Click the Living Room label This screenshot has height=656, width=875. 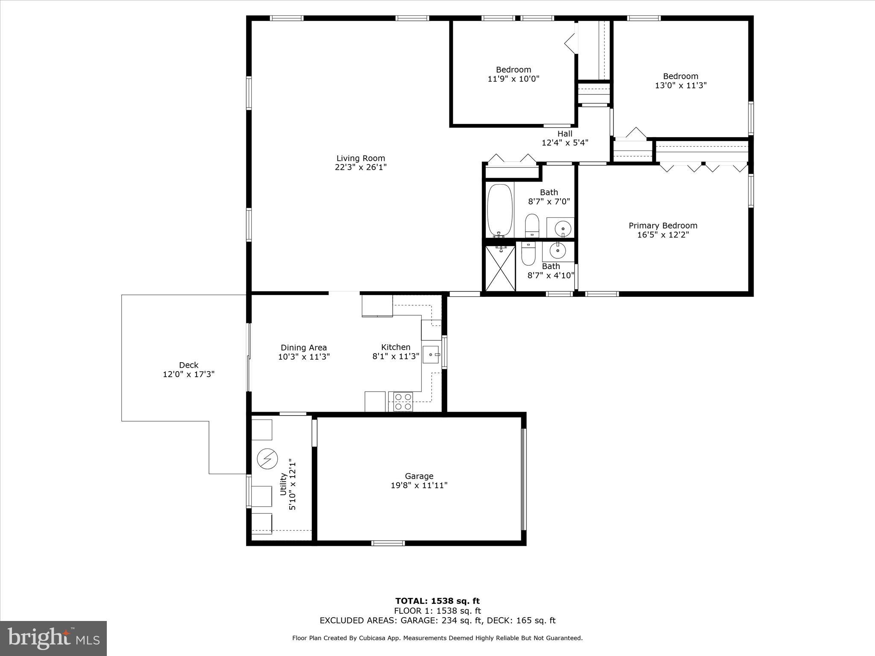[x=361, y=158]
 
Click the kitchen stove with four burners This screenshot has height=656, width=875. [x=403, y=401]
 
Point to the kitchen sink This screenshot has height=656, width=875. [x=431, y=354]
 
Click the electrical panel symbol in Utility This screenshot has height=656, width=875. [x=267, y=459]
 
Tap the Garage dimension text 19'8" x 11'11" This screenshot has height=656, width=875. [x=419, y=485]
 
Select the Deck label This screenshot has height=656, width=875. [x=188, y=365]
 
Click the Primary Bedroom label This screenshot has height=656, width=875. [x=663, y=225]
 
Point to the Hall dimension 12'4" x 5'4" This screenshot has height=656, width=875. [x=565, y=143]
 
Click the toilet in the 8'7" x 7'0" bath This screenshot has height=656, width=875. [x=532, y=225]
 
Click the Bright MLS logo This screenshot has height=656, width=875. [x=53, y=638]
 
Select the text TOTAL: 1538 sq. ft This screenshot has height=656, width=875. [x=437, y=601]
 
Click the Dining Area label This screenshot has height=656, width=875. [x=303, y=348]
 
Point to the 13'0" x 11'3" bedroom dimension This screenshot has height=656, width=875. [x=681, y=85]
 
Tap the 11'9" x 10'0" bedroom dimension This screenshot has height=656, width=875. [x=513, y=79]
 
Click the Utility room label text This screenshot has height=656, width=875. [x=283, y=484]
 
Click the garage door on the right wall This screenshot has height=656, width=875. [x=523, y=479]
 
